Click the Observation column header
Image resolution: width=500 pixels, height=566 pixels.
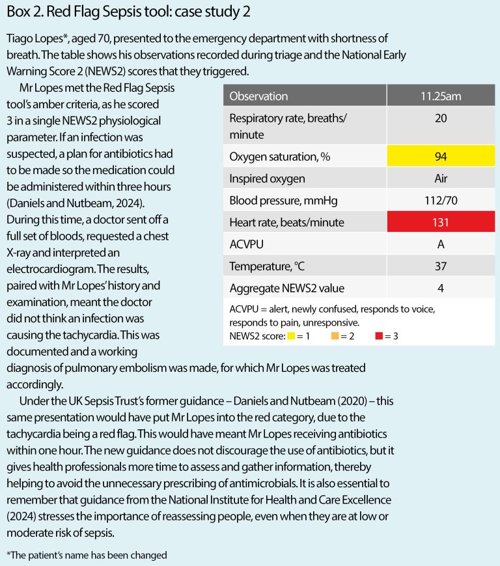click(x=258, y=96)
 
